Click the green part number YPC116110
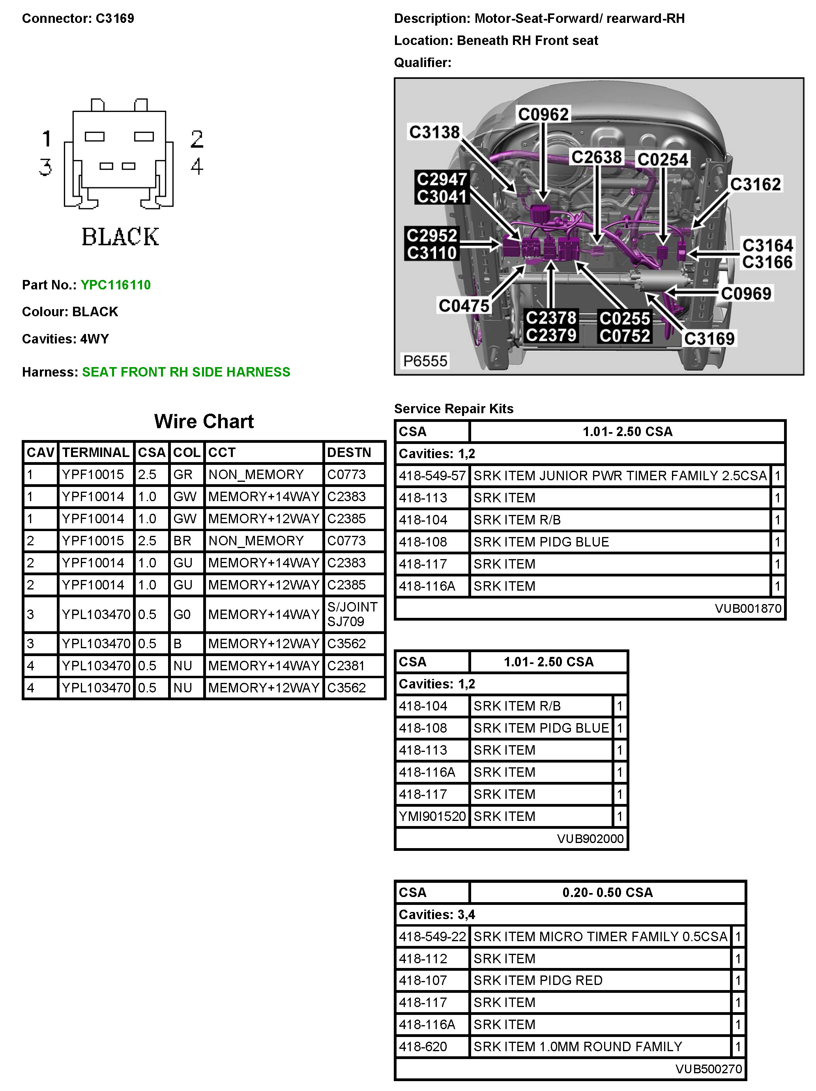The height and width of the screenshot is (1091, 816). (116, 285)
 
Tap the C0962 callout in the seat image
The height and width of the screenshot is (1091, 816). (543, 114)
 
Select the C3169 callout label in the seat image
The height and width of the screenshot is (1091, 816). (709, 338)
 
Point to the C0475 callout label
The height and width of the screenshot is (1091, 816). (464, 306)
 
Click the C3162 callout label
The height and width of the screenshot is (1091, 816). (755, 185)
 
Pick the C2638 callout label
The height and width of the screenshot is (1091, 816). (596, 157)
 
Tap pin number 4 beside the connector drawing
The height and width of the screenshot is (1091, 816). (197, 166)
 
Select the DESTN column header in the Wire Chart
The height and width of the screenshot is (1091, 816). (348, 452)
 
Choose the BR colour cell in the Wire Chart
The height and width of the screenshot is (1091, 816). (182, 541)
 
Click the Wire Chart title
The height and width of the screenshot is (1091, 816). (204, 421)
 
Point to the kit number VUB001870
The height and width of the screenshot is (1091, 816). (748, 608)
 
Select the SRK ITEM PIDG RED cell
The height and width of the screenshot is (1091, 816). (537, 980)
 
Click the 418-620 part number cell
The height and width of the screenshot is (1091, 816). (423, 1046)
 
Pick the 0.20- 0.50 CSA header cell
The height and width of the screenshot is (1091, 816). (607, 892)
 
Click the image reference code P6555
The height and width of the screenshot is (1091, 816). (425, 361)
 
